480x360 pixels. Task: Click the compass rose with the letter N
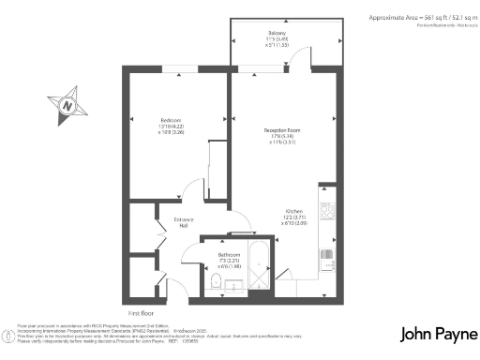click(67, 105)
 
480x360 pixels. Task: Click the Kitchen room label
click(293, 211)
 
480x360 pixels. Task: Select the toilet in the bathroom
click(216, 280)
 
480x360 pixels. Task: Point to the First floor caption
click(141, 311)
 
